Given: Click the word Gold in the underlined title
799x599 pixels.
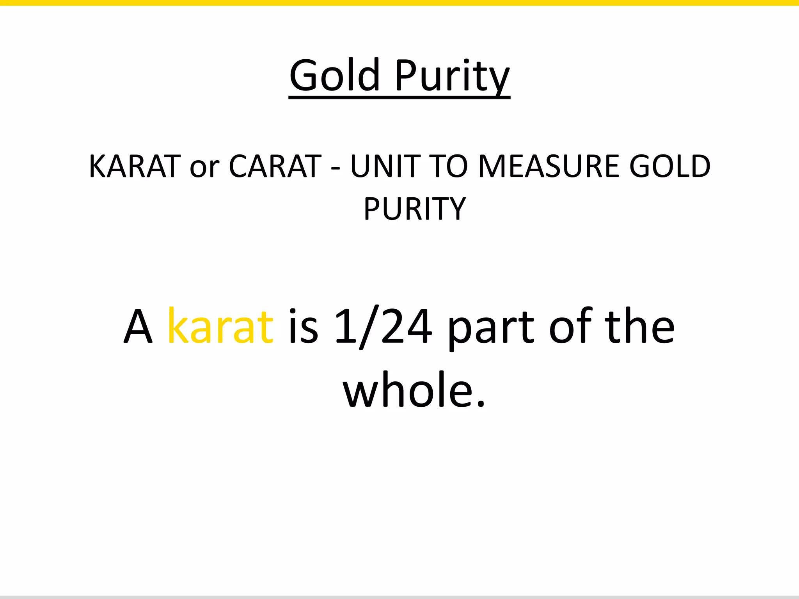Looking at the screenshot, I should (x=334, y=75).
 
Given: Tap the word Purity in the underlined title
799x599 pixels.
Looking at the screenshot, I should (x=452, y=76).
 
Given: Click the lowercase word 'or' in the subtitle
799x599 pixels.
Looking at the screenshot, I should (x=204, y=168).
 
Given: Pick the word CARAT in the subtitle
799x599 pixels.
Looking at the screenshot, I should (x=275, y=167).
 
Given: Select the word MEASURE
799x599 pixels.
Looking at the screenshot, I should (x=549, y=167).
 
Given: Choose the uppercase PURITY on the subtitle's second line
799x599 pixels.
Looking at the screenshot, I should (x=415, y=209).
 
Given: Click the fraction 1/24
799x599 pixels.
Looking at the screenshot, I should (x=383, y=326).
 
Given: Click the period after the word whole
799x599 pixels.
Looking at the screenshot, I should (x=481, y=403).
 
